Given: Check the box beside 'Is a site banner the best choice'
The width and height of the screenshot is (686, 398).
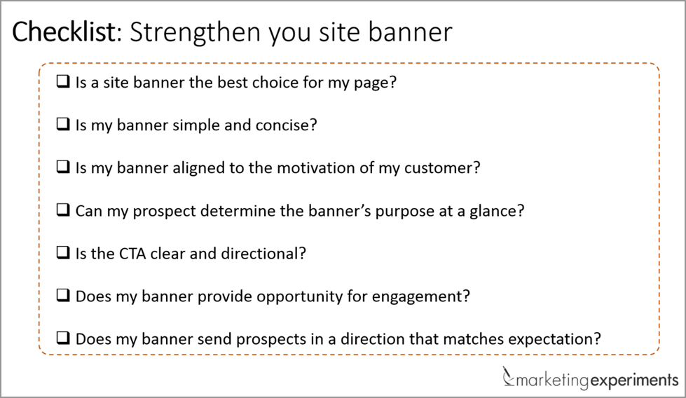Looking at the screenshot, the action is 63,81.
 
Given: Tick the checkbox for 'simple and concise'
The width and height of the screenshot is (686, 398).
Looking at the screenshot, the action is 63,124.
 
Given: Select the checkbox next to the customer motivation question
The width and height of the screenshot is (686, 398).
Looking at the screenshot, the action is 63,167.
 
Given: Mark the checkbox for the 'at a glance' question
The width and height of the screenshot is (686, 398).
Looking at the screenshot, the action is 63,210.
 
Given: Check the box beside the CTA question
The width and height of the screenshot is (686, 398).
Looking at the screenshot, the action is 63,252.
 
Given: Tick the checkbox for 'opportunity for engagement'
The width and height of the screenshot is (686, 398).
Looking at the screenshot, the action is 63,295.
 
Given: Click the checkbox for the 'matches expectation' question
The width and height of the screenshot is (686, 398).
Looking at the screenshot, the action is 63,338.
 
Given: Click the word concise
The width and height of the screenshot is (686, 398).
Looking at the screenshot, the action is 286,125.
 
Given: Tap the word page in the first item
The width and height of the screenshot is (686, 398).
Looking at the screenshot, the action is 375,83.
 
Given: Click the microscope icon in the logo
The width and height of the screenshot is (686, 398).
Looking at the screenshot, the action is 508,376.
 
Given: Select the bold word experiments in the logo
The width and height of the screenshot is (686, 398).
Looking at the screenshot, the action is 634,380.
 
